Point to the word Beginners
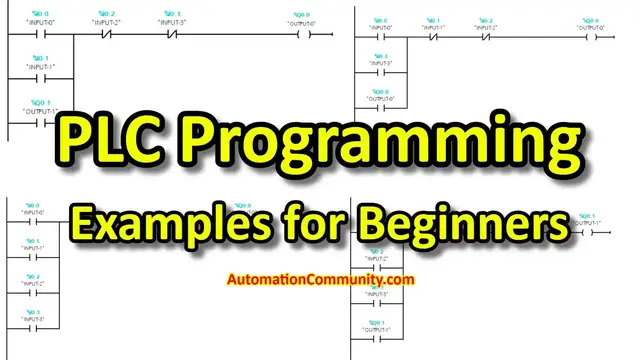pyautogui.click(x=463, y=217)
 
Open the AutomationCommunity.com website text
pyautogui.click(x=320, y=281)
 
